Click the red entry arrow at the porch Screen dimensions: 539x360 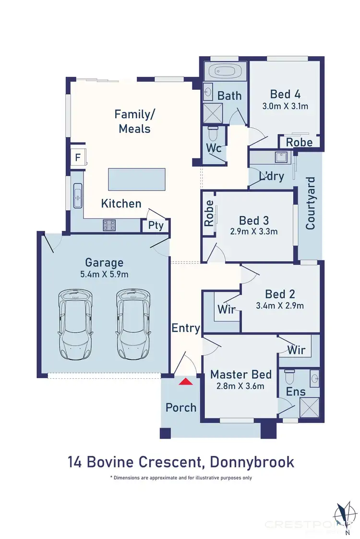tap(185, 382)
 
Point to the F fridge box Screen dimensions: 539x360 tap(77, 157)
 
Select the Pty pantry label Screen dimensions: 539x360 tap(155, 226)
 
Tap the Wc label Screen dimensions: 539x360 tap(214, 148)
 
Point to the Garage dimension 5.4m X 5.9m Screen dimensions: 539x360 tap(104, 274)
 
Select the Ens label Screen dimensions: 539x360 tap(296, 392)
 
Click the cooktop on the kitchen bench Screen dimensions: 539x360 tap(109, 224)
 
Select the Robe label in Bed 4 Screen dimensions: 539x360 tap(299, 142)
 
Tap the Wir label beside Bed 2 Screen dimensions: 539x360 tap(226, 310)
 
